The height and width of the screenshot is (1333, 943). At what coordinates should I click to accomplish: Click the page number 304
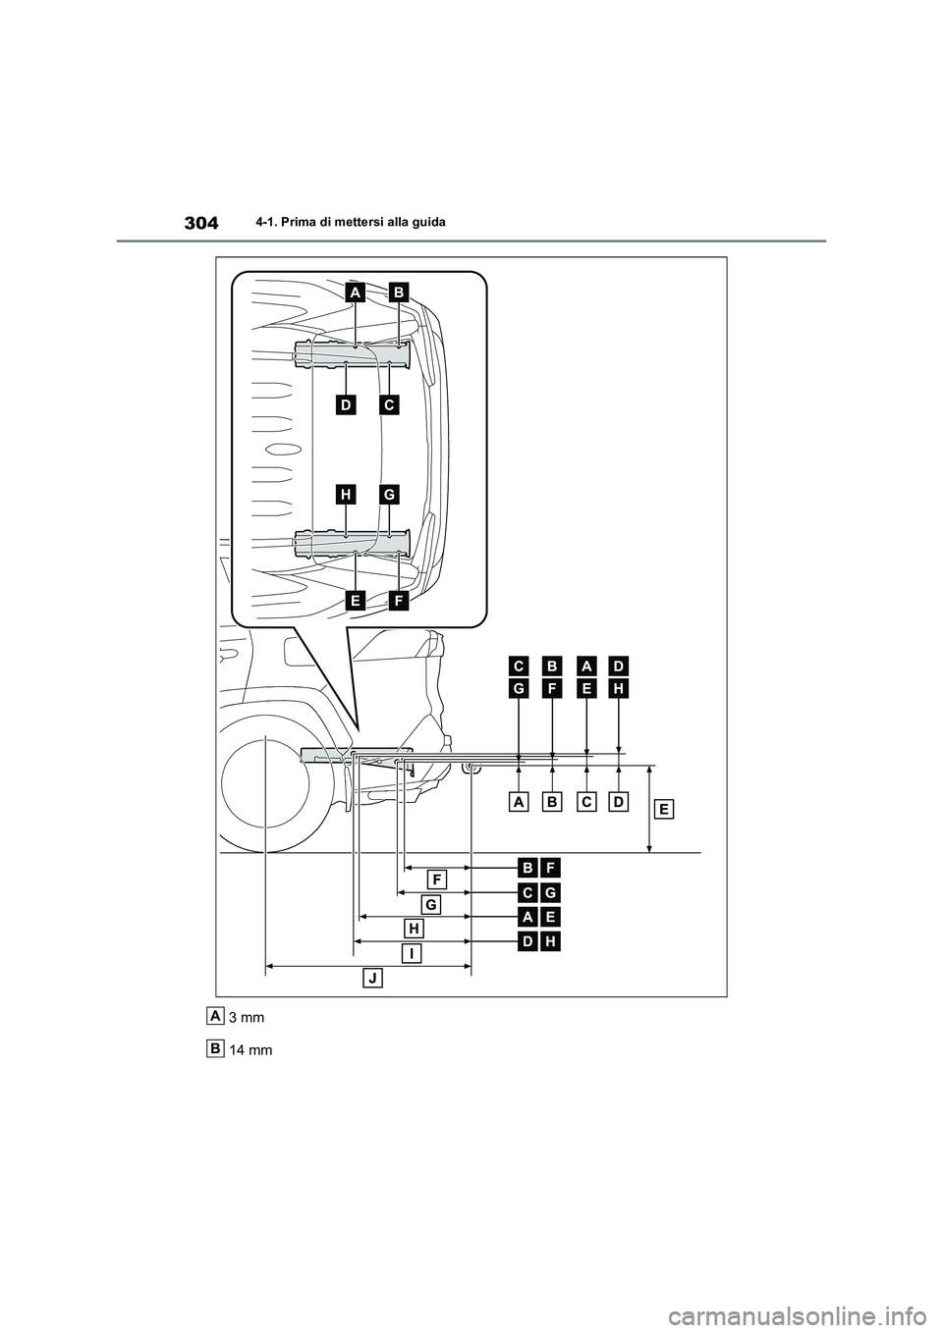tap(201, 223)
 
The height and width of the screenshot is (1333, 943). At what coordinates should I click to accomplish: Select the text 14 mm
tap(250, 1050)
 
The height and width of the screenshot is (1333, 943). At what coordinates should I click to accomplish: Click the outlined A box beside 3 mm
tap(215, 1014)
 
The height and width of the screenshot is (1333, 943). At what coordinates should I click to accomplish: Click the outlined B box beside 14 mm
tap(215, 1047)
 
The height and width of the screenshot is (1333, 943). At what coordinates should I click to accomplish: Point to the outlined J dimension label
tap(372, 978)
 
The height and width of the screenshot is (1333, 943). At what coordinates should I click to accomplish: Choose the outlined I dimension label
tap(410, 953)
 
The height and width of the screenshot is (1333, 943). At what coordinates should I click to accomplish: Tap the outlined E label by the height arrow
tap(664, 809)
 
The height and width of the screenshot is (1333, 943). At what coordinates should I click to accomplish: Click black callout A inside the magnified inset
tap(355, 292)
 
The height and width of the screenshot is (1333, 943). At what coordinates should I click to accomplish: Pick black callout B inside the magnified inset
tap(398, 292)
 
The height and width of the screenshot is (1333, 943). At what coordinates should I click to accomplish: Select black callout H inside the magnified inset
tap(346, 496)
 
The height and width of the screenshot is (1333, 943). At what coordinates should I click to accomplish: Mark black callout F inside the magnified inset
tap(398, 599)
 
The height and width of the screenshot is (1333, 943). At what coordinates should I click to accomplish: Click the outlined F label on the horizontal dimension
tap(437, 878)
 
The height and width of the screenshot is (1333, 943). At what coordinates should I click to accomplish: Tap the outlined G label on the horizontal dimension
tap(429, 902)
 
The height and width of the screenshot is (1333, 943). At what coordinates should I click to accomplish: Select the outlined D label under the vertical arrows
tap(617, 802)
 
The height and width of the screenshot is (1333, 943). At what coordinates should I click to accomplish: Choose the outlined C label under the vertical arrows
tap(585, 802)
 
